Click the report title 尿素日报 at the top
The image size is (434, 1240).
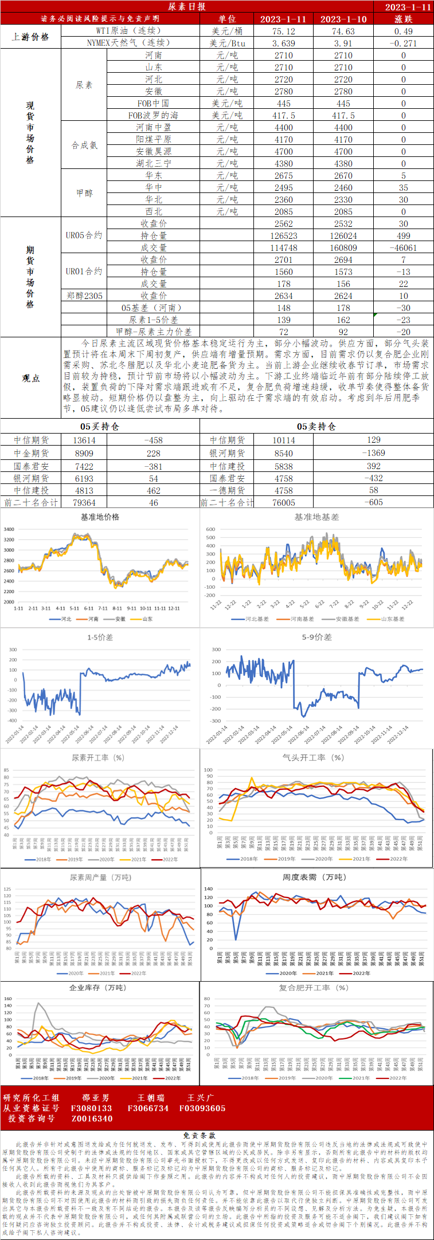[186, 6]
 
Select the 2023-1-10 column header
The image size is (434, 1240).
[343, 19]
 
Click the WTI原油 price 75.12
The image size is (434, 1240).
[284, 31]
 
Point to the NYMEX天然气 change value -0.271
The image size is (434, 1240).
[403, 43]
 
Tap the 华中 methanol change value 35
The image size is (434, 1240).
[403, 187]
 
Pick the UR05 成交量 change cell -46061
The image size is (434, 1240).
[403, 247]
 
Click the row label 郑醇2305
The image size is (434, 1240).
[84, 296]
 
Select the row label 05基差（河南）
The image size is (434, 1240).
[151, 308]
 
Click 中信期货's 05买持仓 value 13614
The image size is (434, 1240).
[84, 440]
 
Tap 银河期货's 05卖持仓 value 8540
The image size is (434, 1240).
[283, 452]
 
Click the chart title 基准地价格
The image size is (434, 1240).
[100, 517]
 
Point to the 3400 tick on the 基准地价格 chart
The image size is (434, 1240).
[9, 529]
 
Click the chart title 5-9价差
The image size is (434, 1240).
[316, 637]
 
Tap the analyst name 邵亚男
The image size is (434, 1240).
[95, 1097]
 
